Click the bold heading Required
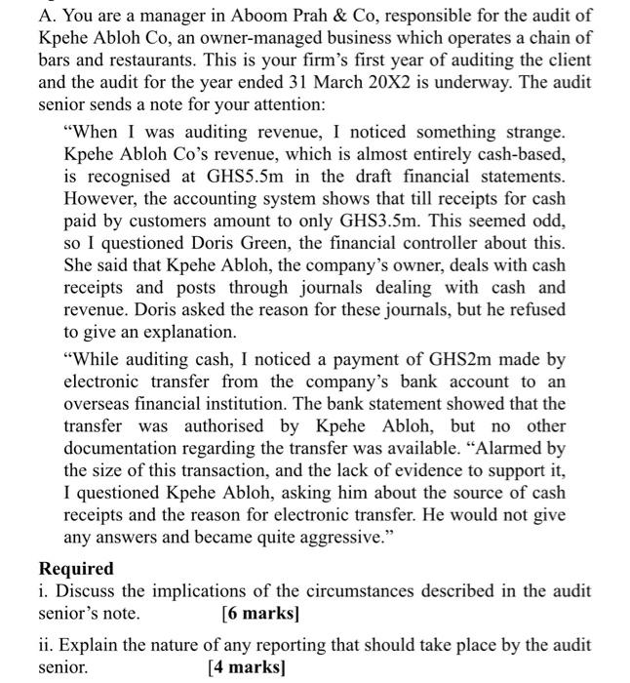point(76,569)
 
